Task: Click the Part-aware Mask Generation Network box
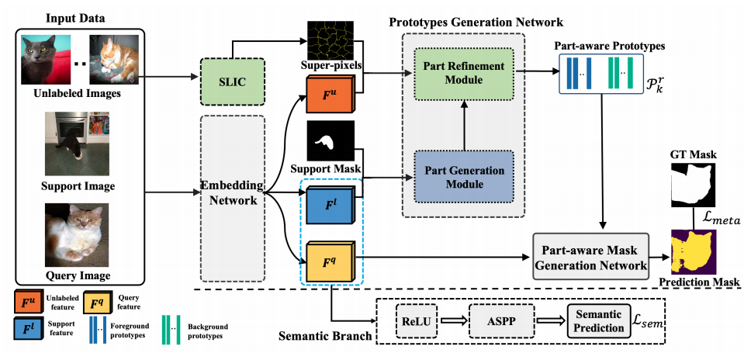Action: coord(590,254)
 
